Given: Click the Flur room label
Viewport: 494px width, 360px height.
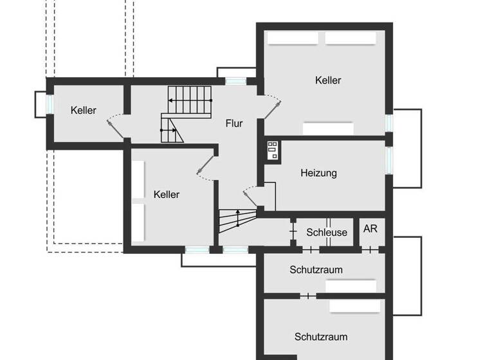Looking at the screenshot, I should point(234,123).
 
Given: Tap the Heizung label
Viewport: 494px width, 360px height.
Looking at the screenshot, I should point(318,173).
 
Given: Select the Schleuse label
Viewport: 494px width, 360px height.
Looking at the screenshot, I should point(326,233).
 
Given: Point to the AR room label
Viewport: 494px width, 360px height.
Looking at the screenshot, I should point(370,229).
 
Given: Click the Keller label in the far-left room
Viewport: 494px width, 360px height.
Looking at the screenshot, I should point(84,111).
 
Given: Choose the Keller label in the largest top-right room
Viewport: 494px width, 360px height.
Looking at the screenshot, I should point(328,80).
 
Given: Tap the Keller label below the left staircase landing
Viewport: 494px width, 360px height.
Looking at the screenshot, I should point(167,194).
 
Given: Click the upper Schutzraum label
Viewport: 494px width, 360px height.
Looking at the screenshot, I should point(316,269).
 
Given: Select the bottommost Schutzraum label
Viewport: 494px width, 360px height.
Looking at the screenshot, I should point(321,336).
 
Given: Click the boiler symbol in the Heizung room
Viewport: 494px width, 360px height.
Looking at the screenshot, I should point(271,150).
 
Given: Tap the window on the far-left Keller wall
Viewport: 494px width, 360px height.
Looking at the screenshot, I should point(49,104).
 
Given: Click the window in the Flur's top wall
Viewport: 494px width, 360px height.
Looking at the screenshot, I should point(235,81).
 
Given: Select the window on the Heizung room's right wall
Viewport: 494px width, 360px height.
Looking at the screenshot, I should point(389,161).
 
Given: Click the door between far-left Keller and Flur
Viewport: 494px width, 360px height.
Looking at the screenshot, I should point(116,125).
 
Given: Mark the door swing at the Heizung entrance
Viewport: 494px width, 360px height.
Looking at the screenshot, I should point(252,193).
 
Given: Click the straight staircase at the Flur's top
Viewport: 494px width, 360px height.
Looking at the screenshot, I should point(190,101).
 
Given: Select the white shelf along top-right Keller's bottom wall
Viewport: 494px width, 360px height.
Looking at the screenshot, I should point(328,129).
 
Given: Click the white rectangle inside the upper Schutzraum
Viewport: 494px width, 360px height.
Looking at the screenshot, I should point(351,287).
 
